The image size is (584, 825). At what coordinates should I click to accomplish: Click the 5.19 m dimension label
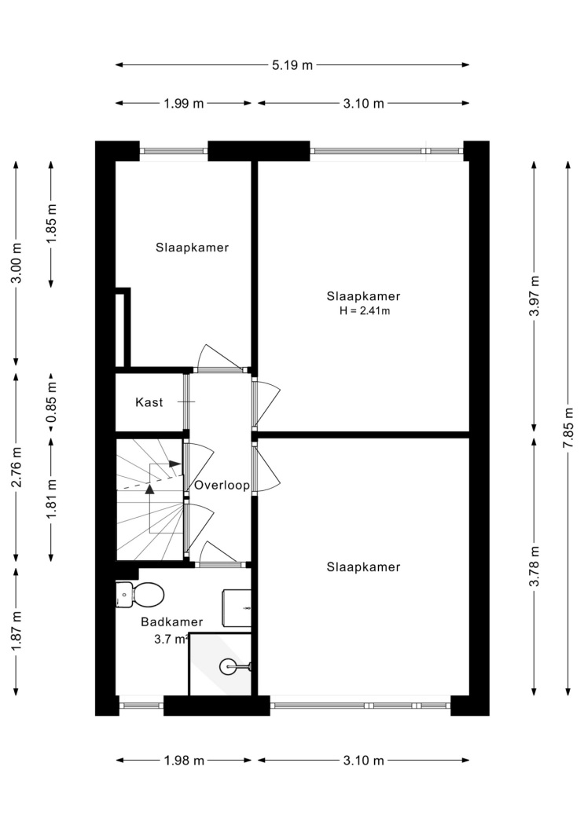[x=292, y=65]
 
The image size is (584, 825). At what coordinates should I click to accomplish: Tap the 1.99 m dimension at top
[x=184, y=104]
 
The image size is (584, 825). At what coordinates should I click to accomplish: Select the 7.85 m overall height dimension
[x=567, y=427]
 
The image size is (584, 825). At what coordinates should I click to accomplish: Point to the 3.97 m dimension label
[x=534, y=295]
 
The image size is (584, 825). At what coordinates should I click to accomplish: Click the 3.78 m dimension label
[x=534, y=566]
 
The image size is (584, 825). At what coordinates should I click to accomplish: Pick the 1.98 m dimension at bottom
[x=184, y=761]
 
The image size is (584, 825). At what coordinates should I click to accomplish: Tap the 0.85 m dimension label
[x=51, y=402]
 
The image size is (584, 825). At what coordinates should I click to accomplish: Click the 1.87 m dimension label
[x=17, y=630]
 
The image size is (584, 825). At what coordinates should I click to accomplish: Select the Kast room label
[x=149, y=402]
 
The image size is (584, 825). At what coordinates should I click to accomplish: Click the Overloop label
[x=222, y=485]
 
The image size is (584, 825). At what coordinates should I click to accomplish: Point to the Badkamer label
[x=171, y=622]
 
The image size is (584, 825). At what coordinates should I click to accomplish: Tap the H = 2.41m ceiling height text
[x=365, y=311]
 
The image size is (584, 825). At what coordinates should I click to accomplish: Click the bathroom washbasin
[x=237, y=608]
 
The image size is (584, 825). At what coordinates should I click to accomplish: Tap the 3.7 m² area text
[x=171, y=640]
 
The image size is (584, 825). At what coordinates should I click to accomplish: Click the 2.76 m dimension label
[x=17, y=467]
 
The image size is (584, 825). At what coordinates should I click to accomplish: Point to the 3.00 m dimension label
[x=17, y=262]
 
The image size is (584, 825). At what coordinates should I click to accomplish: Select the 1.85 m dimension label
[x=51, y=224]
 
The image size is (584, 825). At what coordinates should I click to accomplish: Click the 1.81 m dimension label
[x=51, y=498]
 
